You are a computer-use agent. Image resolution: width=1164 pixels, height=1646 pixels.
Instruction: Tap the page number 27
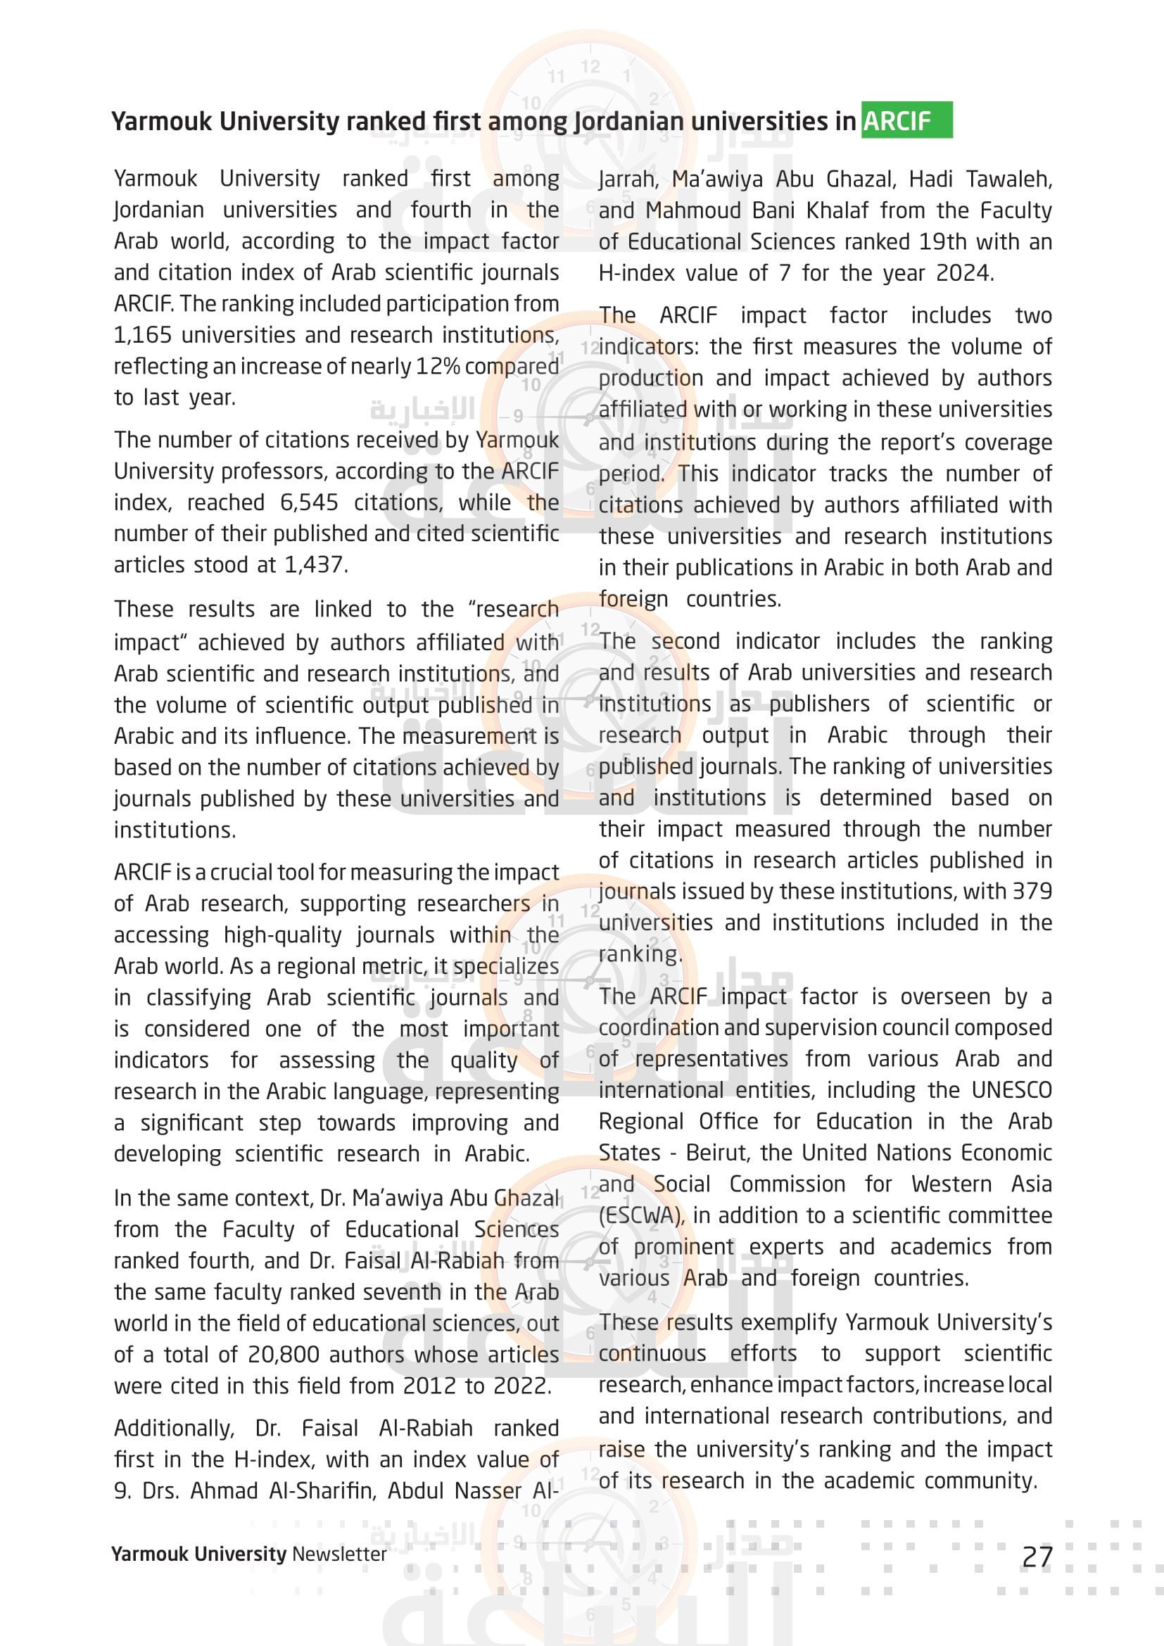[x=1037, y=1557]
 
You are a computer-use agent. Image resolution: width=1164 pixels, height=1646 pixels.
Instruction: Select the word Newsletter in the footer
[x=339, y=1554]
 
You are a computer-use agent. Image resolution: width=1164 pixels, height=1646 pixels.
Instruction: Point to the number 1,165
[x=143, y=335]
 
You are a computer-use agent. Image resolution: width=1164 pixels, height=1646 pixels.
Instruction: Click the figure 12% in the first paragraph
[x=438, y=367]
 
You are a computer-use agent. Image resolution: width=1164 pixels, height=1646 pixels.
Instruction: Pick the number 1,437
[x=315, y=565]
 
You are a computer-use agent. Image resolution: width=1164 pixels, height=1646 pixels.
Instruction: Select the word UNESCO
[x=1011, y=1089]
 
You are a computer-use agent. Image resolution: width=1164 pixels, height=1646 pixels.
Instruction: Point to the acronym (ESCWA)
[x=642, y=1215]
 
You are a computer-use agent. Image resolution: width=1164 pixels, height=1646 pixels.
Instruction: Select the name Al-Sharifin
[x=321, y=1490]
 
